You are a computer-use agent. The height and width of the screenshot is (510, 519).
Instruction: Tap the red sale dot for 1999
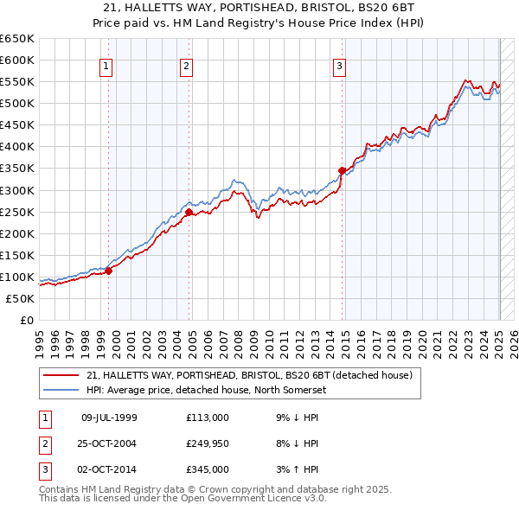109,271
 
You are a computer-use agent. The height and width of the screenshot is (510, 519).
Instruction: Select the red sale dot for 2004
189,211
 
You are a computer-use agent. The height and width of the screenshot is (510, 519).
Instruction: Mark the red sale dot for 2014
343,170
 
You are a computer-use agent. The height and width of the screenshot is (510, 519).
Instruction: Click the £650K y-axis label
18,39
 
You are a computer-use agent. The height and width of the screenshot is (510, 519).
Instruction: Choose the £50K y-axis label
22,298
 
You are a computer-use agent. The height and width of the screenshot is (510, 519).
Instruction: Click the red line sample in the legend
61,376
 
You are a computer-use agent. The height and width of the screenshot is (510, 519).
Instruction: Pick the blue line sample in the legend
61,390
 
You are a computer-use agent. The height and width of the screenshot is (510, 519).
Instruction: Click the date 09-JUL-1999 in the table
109,418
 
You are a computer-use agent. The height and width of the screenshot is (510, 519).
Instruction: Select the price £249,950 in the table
208,443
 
